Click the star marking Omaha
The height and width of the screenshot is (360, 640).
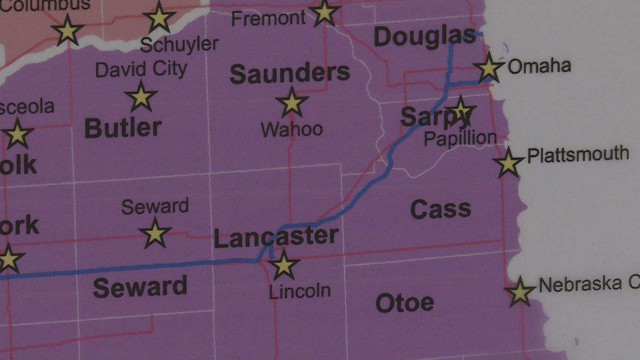click(x=489, y=68)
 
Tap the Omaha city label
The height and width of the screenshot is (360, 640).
click(x=539, y=66)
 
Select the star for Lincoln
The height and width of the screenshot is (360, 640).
click(x=284, y=265)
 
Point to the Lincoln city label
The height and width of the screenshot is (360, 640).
click(x=300, y=291)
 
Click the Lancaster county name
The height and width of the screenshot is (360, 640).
click(x=276, y=238)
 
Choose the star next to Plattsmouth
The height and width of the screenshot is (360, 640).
click(x=508, y=162)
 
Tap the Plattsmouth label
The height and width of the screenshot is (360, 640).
click(x=578, y=154)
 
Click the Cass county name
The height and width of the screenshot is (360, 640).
click(x=440, y=209)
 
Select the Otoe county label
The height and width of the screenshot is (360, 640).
click(x=404, y=302)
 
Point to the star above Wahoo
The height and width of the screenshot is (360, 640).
click(x=291, y=102)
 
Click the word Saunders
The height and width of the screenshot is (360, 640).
click(x=289, y=74)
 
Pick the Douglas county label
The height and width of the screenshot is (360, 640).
click(x=425, y=37)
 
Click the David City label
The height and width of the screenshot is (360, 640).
click(x=141, y=69)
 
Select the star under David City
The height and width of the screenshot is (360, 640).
click(x=141, y=97)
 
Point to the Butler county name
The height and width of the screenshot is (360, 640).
click(x=123, y=128)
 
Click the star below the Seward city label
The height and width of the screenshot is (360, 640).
click(x=155, y=233)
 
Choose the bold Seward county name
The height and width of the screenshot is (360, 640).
click(x=140, y=287)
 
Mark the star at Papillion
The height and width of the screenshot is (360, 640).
click(x=460, y=112)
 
